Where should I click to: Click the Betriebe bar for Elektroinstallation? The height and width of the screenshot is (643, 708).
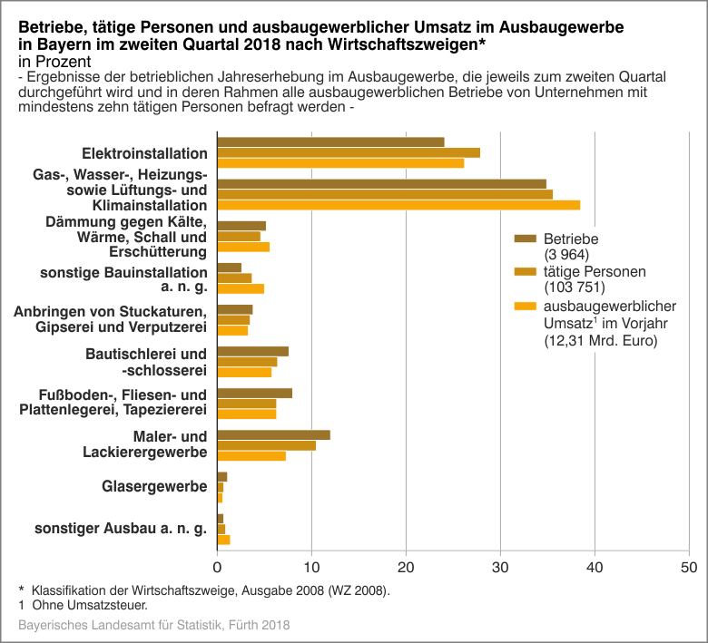click(330, 141)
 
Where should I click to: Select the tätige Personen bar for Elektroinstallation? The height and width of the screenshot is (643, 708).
click(349, 152)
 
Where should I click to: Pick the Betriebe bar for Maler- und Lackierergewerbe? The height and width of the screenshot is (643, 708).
click(273, 434)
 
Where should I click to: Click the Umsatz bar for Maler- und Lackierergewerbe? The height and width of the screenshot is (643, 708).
click(251, 455)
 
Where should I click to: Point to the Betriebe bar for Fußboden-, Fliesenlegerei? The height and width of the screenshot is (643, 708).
click(254, 393)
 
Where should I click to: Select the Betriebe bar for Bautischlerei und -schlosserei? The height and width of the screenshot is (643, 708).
click(252, 351)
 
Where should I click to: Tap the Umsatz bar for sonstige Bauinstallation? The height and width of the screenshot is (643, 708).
click(241, 288)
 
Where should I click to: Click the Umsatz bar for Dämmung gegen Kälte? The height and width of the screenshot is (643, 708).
click(243, 247)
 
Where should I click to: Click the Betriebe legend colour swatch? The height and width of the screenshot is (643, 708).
click(526, 239)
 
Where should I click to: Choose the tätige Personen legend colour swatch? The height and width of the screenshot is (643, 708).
click(526, 271)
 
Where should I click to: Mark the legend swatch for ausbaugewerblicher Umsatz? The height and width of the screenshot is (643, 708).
click(526, 306)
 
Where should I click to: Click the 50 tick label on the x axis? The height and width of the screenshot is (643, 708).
click(689, 568)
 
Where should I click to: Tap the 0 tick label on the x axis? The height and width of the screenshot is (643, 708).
click(218, 568)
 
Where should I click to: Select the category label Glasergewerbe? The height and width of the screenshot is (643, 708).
click(153, 487)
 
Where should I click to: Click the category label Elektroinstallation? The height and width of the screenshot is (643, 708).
click(144, 153)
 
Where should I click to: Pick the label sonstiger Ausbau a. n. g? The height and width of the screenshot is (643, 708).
click(121, 529)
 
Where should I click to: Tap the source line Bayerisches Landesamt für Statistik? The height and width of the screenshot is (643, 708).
click(154, 626)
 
